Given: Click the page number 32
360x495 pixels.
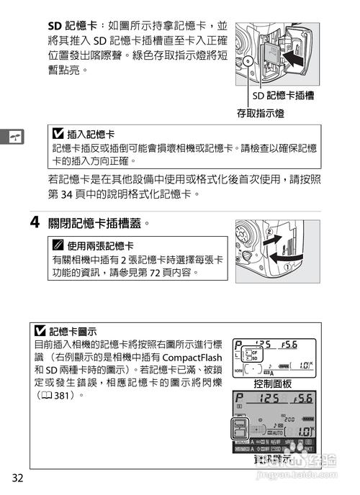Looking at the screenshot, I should point(17,478).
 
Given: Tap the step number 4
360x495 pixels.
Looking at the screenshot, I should point(33,222).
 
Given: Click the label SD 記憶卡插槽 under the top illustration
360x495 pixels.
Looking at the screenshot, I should point(287,95).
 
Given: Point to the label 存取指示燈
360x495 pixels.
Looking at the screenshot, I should point(260,113).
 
